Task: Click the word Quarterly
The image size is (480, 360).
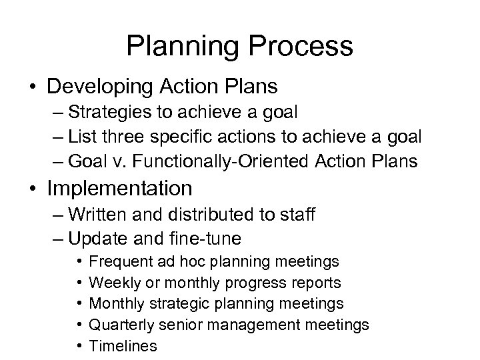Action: coord(119,325)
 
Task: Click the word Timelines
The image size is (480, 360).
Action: coord(123,345)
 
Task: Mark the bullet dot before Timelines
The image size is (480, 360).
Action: coord(79,346)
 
